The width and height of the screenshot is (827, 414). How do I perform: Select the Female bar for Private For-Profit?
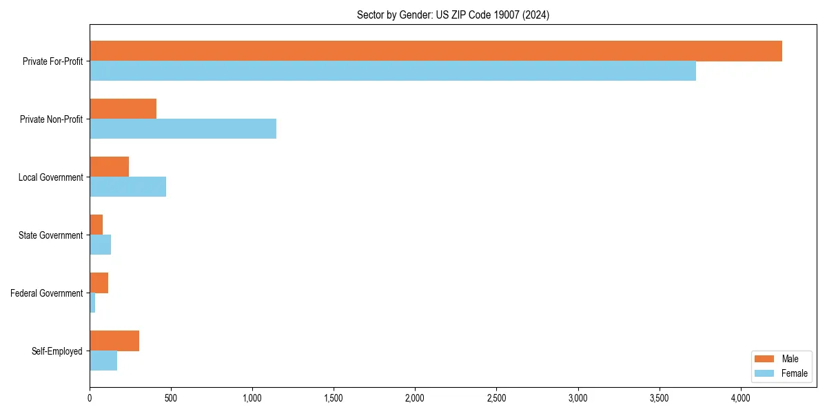click(x=393, y=71)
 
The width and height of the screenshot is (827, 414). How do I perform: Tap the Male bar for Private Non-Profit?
click(x=123, y=109)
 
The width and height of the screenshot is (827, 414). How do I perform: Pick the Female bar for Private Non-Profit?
click(x=183, y=129)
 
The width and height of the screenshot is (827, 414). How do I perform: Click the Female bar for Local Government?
click(x=127, y=187)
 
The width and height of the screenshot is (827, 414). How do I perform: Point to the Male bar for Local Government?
click(x=109, y=167)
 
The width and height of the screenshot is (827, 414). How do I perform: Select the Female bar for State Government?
click(x=100, y=245)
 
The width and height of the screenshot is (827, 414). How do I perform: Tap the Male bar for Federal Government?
click(x=99, y=283)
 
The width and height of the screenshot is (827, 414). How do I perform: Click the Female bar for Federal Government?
click(x=92, y=303)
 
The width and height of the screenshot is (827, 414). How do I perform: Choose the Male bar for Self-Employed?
click(x=114, y=341)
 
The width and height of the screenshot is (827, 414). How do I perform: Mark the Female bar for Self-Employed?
click(x=103, y=361)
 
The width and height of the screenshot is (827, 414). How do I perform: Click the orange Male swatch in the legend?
click(x=764, y=359)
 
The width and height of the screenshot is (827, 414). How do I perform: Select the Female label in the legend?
click(x=794, y=373)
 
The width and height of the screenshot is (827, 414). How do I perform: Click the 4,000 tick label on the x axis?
click(x=741, y=398)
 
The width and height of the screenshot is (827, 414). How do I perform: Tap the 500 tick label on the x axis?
click(x=171, y=398)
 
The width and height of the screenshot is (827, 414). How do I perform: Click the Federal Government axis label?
click(x=47, y=293)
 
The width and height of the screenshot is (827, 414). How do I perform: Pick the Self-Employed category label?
click(x=57, y=351)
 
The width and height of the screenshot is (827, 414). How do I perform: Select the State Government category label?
click(x=51, y=235)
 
